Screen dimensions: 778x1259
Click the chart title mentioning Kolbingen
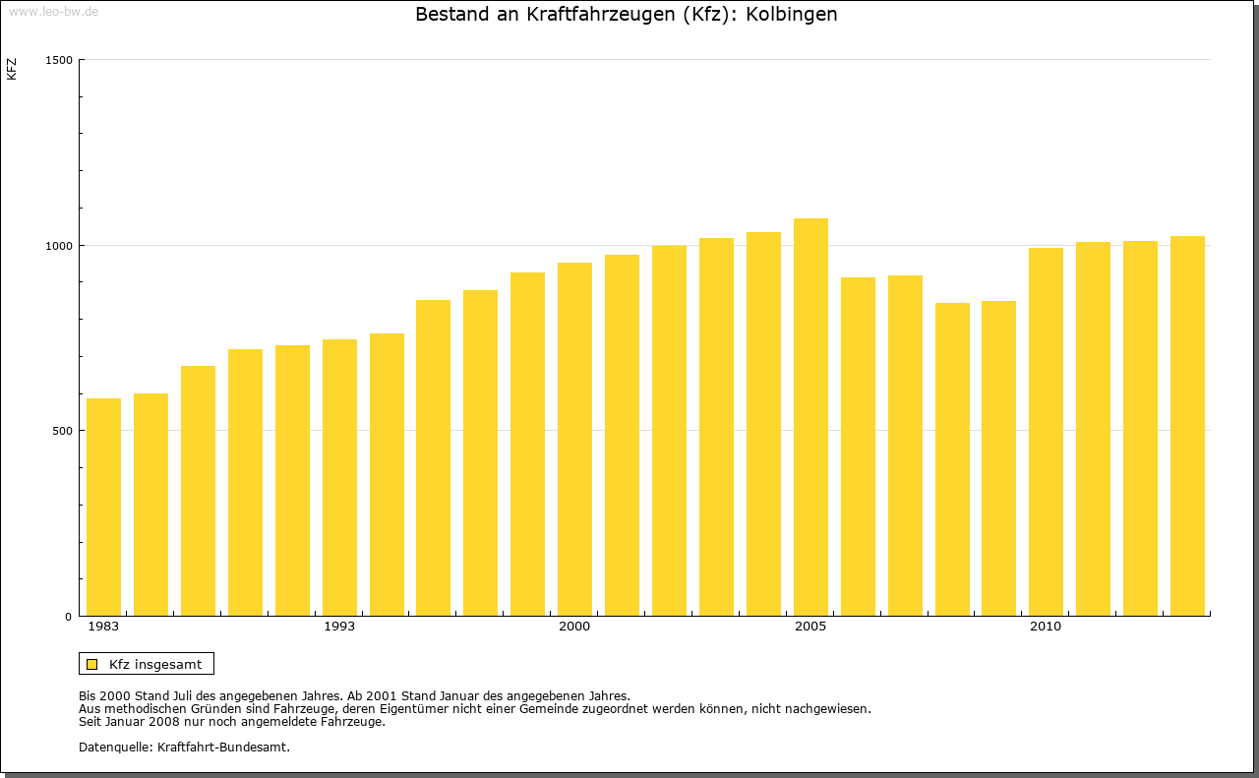pyautogui.click(x=627, y=15)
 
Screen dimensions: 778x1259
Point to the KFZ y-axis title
pyautogui.click(x=12, y=69)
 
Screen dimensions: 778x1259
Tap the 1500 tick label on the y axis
pyautogui.click(x=59, y=60)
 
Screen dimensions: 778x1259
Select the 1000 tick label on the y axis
pyautogui.click(x=59, y=245)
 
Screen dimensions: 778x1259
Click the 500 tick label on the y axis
pyautogui.click(x=62, y=431)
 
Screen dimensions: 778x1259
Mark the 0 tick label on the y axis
pyautogui.click(x=69, y=617)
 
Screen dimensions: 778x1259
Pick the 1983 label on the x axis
pyautogui.click(x=103, y=627)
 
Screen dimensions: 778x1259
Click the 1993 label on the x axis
pyautogui.click(x=339, y=627)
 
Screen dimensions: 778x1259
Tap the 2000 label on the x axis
pyautogui.click(x=574, y=627)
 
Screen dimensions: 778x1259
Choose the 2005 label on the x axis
pyautogui.click(x=810, y=627)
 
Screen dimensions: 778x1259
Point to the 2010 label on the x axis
pyautogui.click(x=1046, y=627)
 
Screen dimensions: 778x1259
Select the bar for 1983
pyautogui.click(x=103, y=508)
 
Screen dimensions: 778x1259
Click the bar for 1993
pyautogui.click(x=339, y=478)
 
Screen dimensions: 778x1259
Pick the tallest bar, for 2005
pyautogui.click(x=810, y=417)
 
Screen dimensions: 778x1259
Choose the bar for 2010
pyautogui.click(x=1046, y=432)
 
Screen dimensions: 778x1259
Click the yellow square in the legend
pyautogui.click(x=91, y=664)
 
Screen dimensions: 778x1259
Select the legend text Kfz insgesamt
pyautogui.click(x=155, y=664)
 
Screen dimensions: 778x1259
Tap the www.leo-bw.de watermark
pyautogui.click(x=52, y=10)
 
